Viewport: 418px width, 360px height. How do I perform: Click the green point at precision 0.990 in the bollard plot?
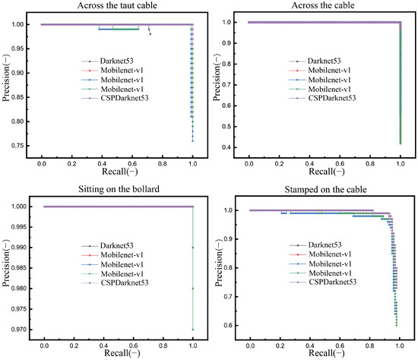point(193,248)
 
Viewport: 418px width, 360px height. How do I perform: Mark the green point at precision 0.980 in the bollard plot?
point(193,289)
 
